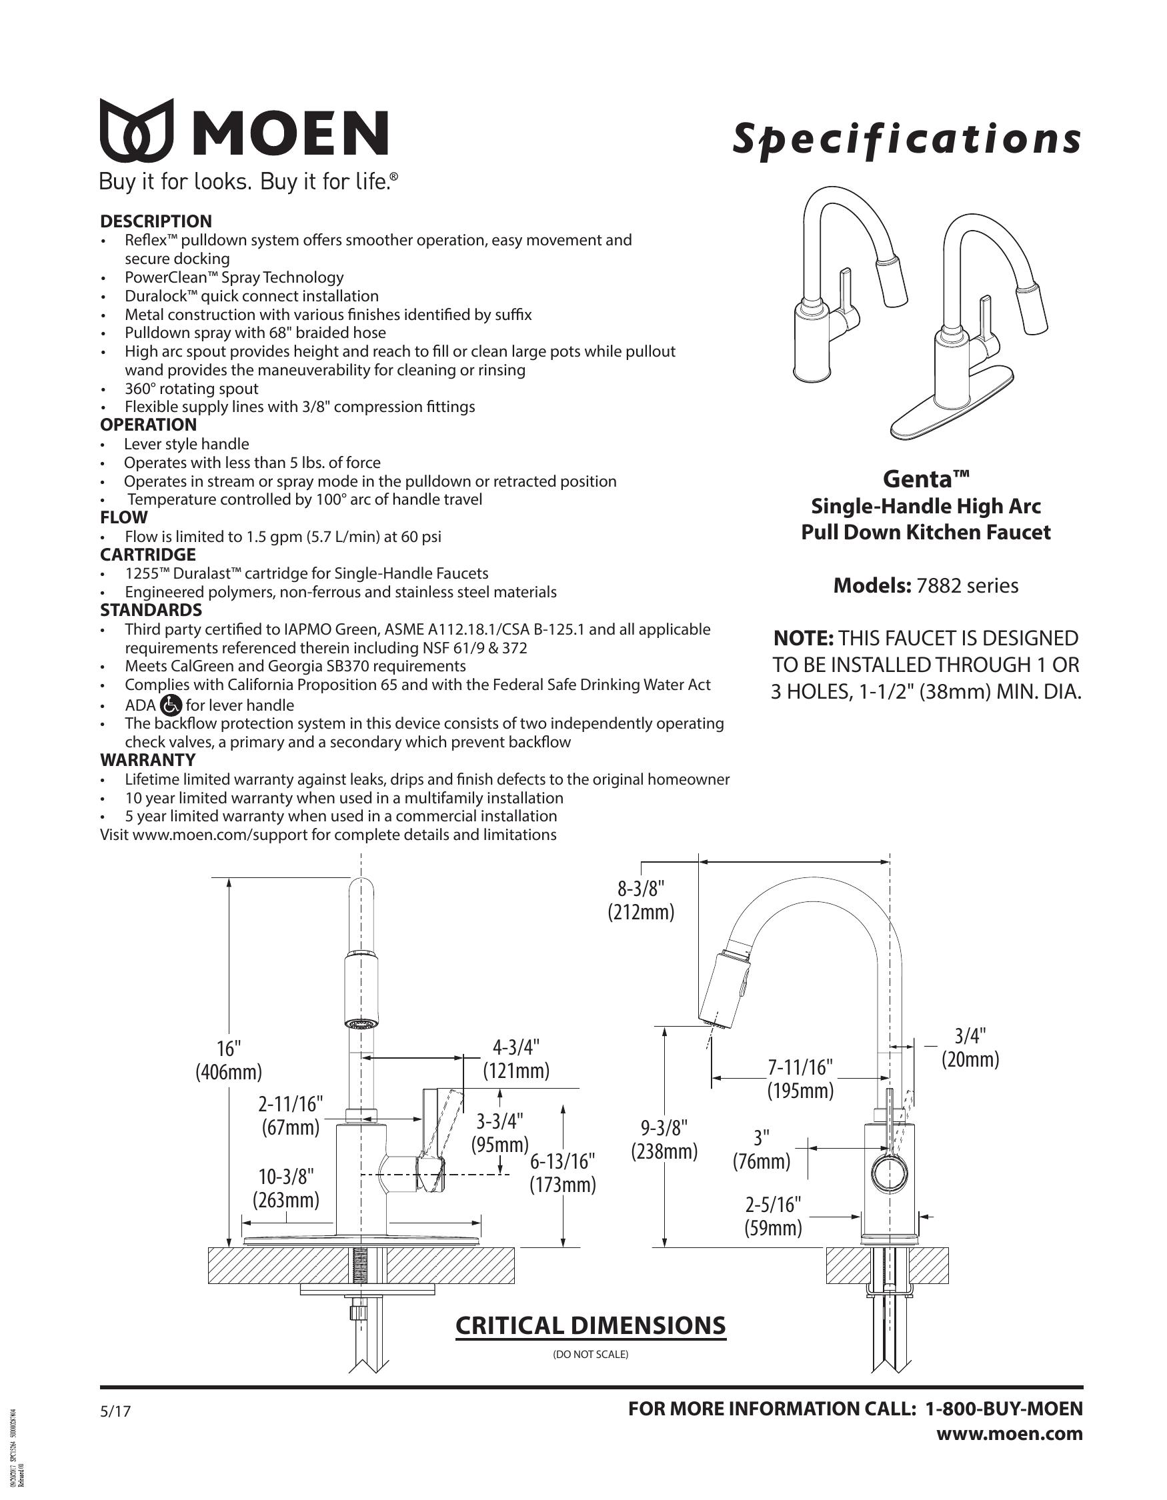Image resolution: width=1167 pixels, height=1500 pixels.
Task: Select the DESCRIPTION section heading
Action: tap(156, 221)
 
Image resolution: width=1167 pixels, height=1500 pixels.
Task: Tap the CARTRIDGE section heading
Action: tap(147, 554)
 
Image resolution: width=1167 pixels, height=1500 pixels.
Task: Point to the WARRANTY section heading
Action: tap(147, 759)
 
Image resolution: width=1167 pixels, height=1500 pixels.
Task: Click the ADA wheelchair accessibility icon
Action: tap(170, 705)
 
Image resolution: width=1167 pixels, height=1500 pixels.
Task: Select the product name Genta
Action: tap(925, 478)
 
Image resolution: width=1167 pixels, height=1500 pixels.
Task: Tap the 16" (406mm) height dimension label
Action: tap(229, 1060)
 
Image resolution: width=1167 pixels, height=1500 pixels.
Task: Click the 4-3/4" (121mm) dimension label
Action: tap(516, 1059)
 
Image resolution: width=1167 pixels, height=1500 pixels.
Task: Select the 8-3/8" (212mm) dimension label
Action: tap(641, 901)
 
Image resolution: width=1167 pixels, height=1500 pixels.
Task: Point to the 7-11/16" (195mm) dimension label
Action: tap(800, 1079)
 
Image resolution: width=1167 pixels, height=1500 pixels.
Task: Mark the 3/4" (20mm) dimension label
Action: tap(970, 1047)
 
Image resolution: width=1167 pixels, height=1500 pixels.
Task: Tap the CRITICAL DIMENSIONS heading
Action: tap(591, 1325)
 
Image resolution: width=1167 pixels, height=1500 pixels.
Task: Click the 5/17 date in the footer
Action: tap(115, 1412)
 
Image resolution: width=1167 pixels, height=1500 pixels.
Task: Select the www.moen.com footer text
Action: tap(1010, 1434)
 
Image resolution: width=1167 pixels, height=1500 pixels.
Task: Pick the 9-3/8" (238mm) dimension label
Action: tap(664, 1139)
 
